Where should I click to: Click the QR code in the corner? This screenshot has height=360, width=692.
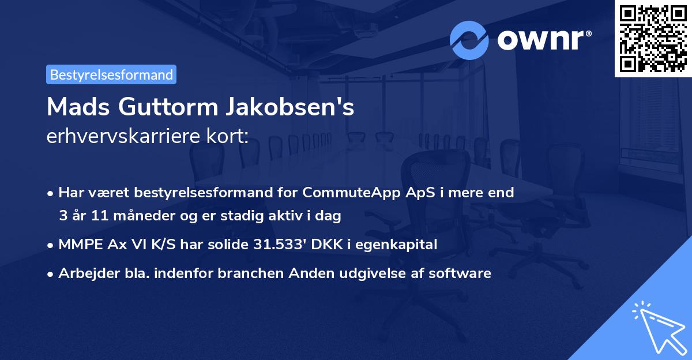(653, 39)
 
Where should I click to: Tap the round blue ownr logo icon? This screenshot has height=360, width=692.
(469, 40)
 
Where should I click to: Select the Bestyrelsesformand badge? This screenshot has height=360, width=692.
(111, 74)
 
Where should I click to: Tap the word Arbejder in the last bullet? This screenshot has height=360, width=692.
(84, 273)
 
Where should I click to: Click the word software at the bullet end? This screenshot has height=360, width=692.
(462, 273)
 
